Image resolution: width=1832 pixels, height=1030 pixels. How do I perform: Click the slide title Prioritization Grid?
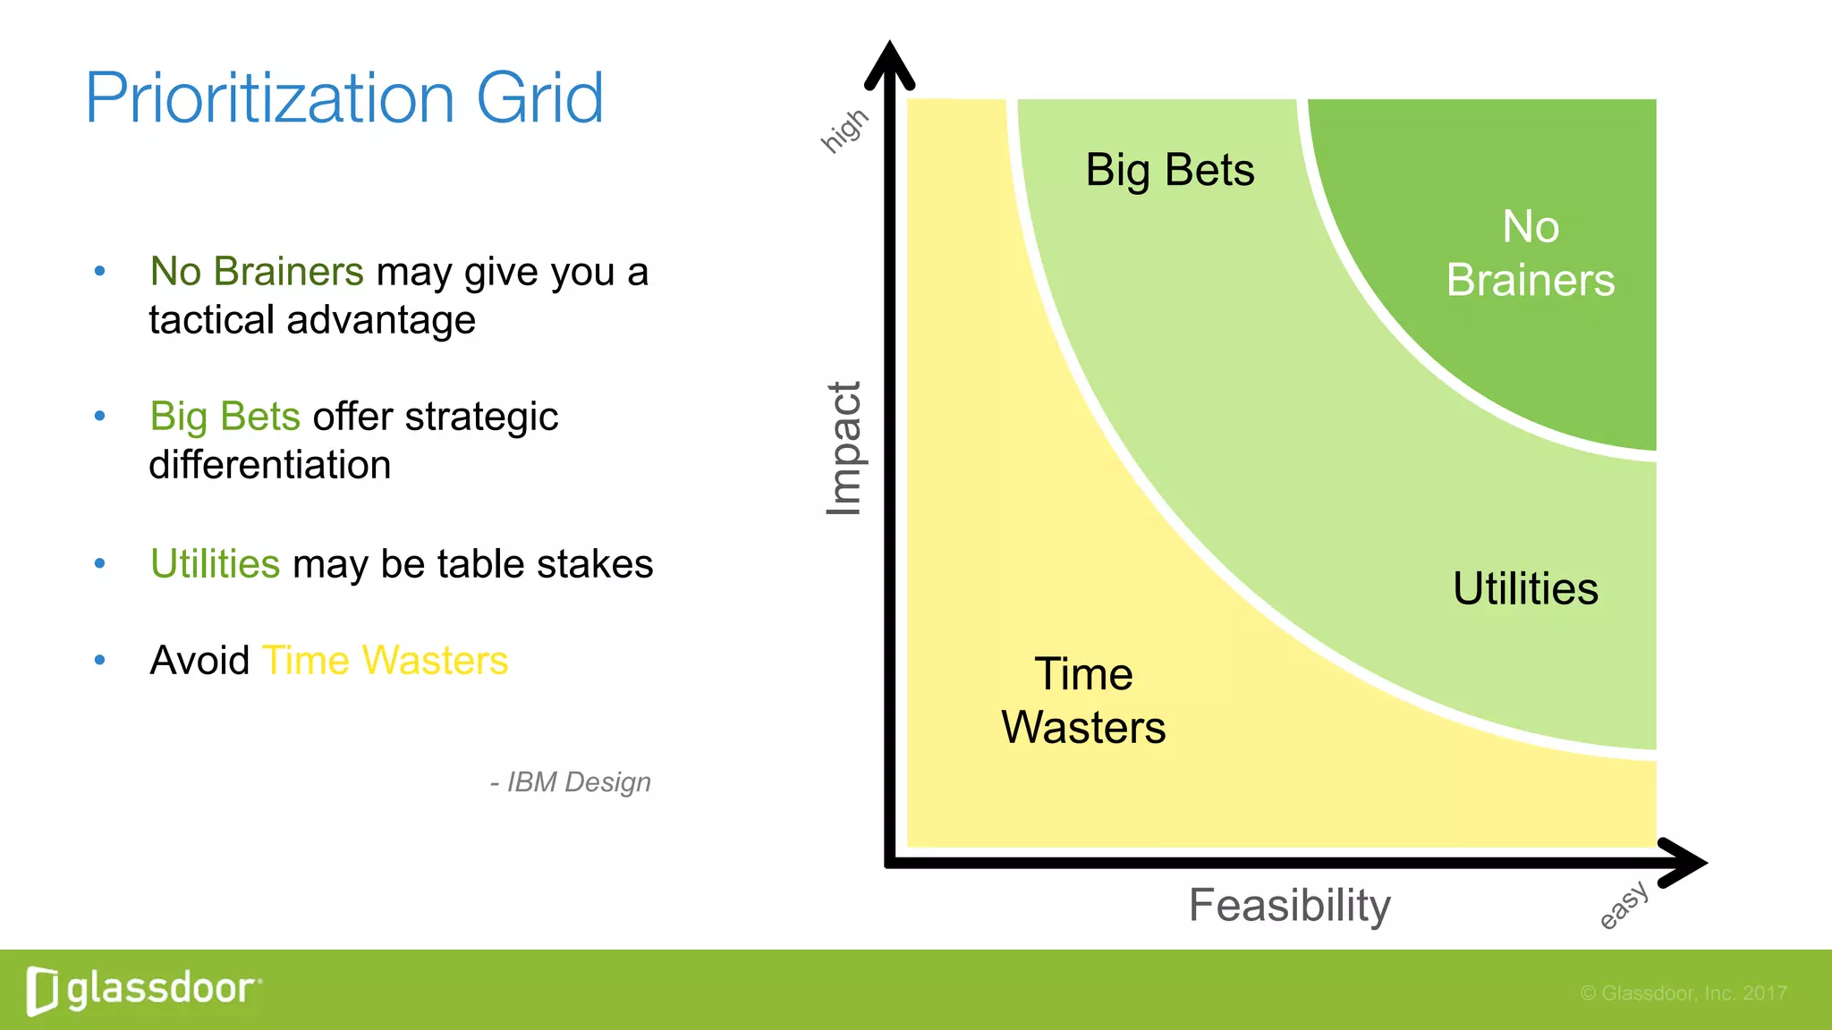click(x=344, y=98)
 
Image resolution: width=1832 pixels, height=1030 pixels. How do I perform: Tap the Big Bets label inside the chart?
click(x=1169, y=170)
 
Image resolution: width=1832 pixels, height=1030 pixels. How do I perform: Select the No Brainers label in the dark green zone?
click(x=1531, y=253)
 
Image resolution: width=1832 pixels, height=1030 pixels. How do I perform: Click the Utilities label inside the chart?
click(x=1525, y=588)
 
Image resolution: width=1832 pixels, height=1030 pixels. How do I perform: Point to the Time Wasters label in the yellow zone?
click(x=1083, y=700)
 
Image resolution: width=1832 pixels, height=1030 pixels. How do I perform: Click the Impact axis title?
click(x=844, y=448)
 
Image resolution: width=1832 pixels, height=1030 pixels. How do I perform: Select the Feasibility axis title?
click(x=1289, y=905)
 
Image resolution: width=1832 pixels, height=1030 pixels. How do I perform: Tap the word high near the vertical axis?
click(x=844, y=131)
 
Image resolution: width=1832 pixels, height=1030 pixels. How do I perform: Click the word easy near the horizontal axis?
click(x=1624, y=905)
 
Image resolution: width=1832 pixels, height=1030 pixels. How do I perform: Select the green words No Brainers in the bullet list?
click(x=257, y=271)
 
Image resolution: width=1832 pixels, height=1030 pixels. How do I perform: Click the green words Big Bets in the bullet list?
click(x=225, y=417)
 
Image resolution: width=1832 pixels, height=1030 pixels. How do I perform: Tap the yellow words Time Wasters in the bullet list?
click(x=385, y=661)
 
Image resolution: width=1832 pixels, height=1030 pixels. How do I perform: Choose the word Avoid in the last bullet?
click(x=199, y=661)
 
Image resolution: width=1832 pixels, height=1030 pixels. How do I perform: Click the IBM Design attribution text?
click(x=571, y=782)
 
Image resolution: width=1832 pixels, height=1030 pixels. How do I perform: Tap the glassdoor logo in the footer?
click(x=143, y=990)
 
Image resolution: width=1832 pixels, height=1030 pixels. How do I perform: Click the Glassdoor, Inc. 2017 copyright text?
click(x=1683, y=993)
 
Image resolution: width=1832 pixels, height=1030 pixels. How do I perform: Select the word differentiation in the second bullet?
click(x=269, y=465)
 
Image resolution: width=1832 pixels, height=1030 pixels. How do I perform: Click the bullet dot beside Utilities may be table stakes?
click(x=100, y=563)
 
